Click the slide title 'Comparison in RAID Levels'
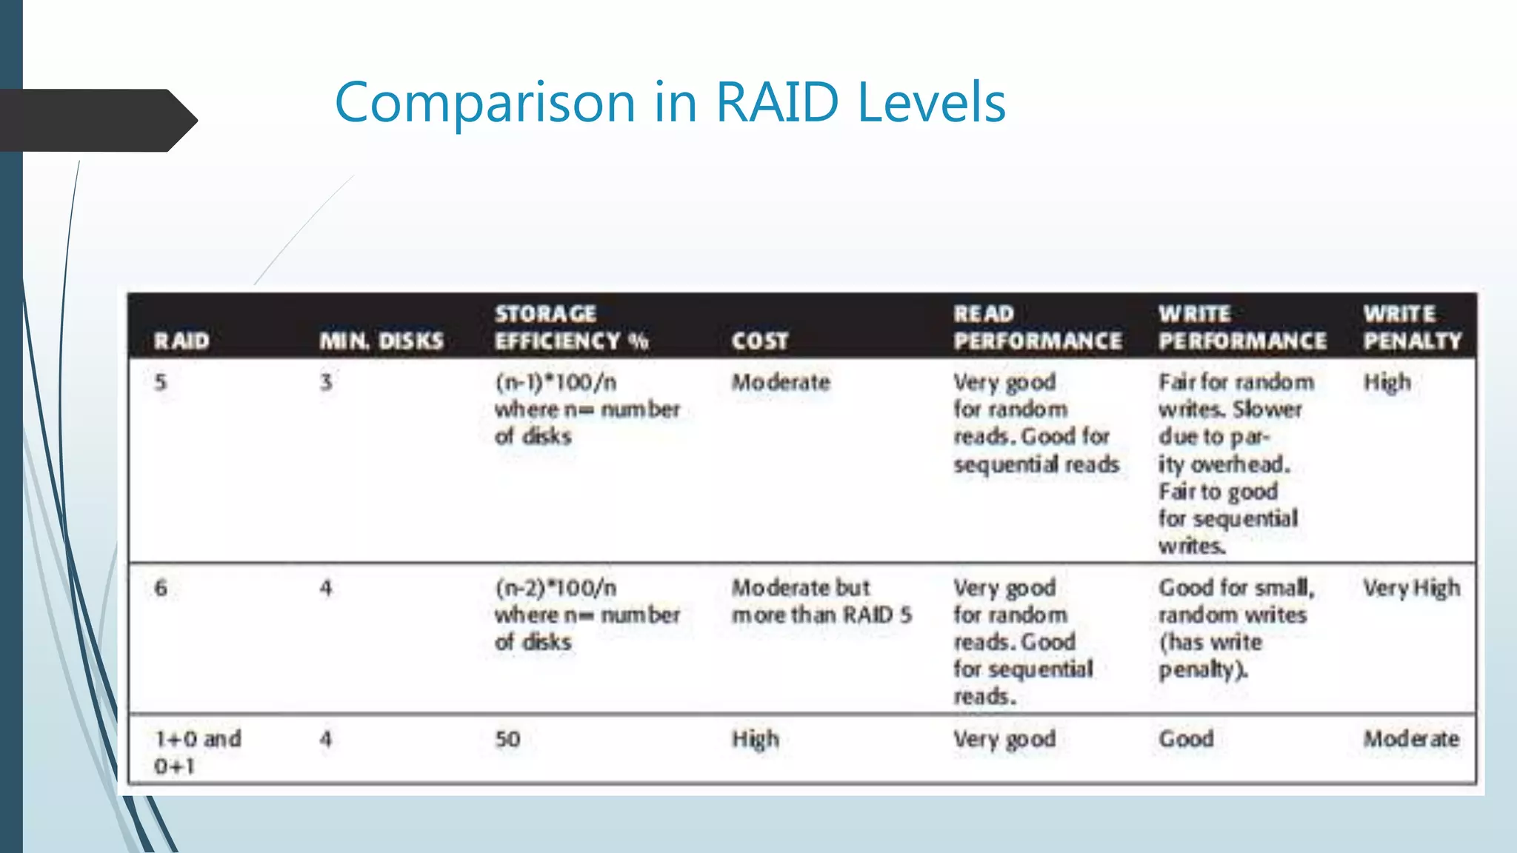point(670,102)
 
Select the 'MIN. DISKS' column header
point(381,341)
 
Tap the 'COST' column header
point(759,341)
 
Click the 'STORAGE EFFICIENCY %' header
point(571,327)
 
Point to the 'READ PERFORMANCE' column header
point(1038,327)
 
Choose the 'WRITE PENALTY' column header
point(1413,327)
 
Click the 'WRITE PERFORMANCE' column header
point(1242,327)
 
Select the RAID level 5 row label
point(161,383)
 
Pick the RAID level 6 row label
point(161,589)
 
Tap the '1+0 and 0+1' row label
point(197,752)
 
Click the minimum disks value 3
point(326,383)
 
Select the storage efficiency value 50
point(507,739)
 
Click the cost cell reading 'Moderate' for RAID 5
point(781,383)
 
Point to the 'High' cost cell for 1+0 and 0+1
point(755,739)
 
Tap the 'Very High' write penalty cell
point(1412,589)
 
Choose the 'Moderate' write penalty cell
point(1411,739)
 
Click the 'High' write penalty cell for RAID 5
point(1387,383)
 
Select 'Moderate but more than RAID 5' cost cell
point(821,601)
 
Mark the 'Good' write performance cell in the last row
point(1186,739)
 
